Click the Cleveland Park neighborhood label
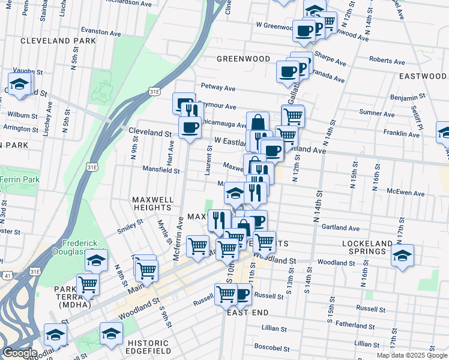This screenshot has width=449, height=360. pyautogui.click(x=49, y=41)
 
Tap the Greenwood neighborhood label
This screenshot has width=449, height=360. pyautogui.click(x=243, y=59)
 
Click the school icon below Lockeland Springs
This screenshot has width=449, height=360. pyautogui.click(x=402, y=254)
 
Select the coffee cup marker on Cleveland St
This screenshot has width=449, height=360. pyautogui.click(x=190, y=127)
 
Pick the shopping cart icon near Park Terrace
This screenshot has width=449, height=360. pyautogui.click(x=88, y=284)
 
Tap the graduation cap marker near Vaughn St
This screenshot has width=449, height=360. pyautogui.click(x=20, y=84)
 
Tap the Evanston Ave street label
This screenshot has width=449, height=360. pyautogui.click(x=98, y=31)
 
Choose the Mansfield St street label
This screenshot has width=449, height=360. pyautogui.click(x=161, y=170)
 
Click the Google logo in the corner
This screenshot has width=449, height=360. pyautogui.click(x=20, y=353)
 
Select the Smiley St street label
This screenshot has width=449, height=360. pyautogui.click(x=130, y=225)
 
